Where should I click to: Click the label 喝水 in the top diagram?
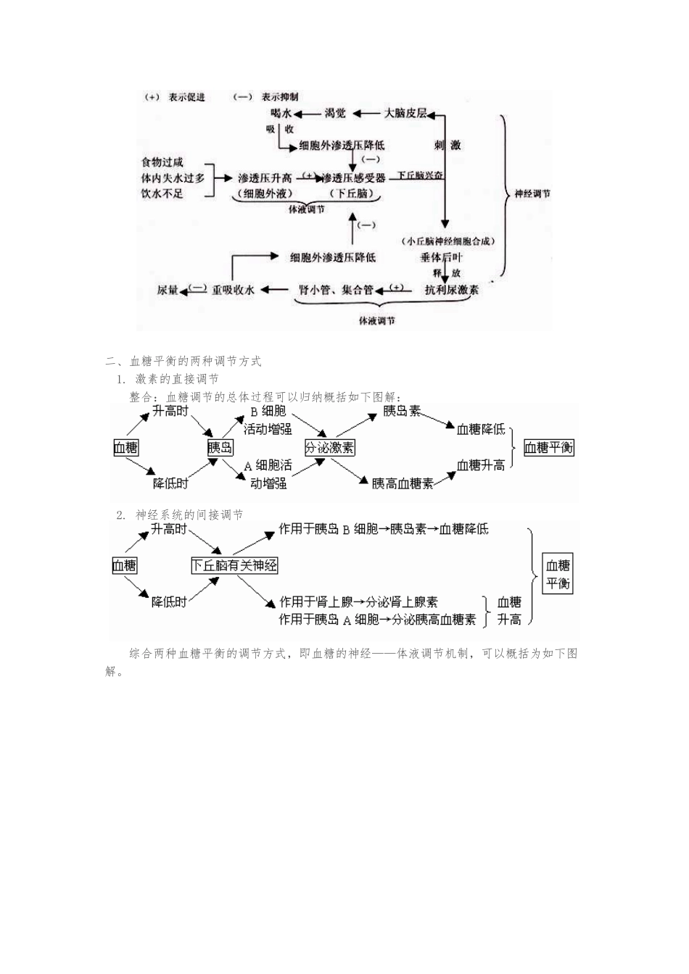tap(280, 114)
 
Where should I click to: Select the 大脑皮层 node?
tap(405, 114)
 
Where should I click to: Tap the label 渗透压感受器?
tap(353, 178)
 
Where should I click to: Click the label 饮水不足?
tap(162, 193)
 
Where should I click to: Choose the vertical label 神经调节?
tap(532, 194)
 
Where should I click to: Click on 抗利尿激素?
tap(451, 289)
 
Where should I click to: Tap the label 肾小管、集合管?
tap(336, 290)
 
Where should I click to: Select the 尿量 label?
tap(168, 290)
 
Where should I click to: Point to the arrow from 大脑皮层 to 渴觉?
tap(371, 114)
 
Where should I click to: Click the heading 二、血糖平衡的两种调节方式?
tap(183, 361)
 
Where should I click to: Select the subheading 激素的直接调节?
tap(176, 379)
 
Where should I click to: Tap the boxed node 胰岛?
tap(220, 447)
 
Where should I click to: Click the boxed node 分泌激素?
tap(330, 447)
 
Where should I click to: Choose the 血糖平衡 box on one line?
tap(548, 447)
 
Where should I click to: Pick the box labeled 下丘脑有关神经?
tap(234, 565)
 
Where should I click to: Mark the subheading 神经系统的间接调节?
tap(189, 515)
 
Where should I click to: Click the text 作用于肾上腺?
tap(316, 602)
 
